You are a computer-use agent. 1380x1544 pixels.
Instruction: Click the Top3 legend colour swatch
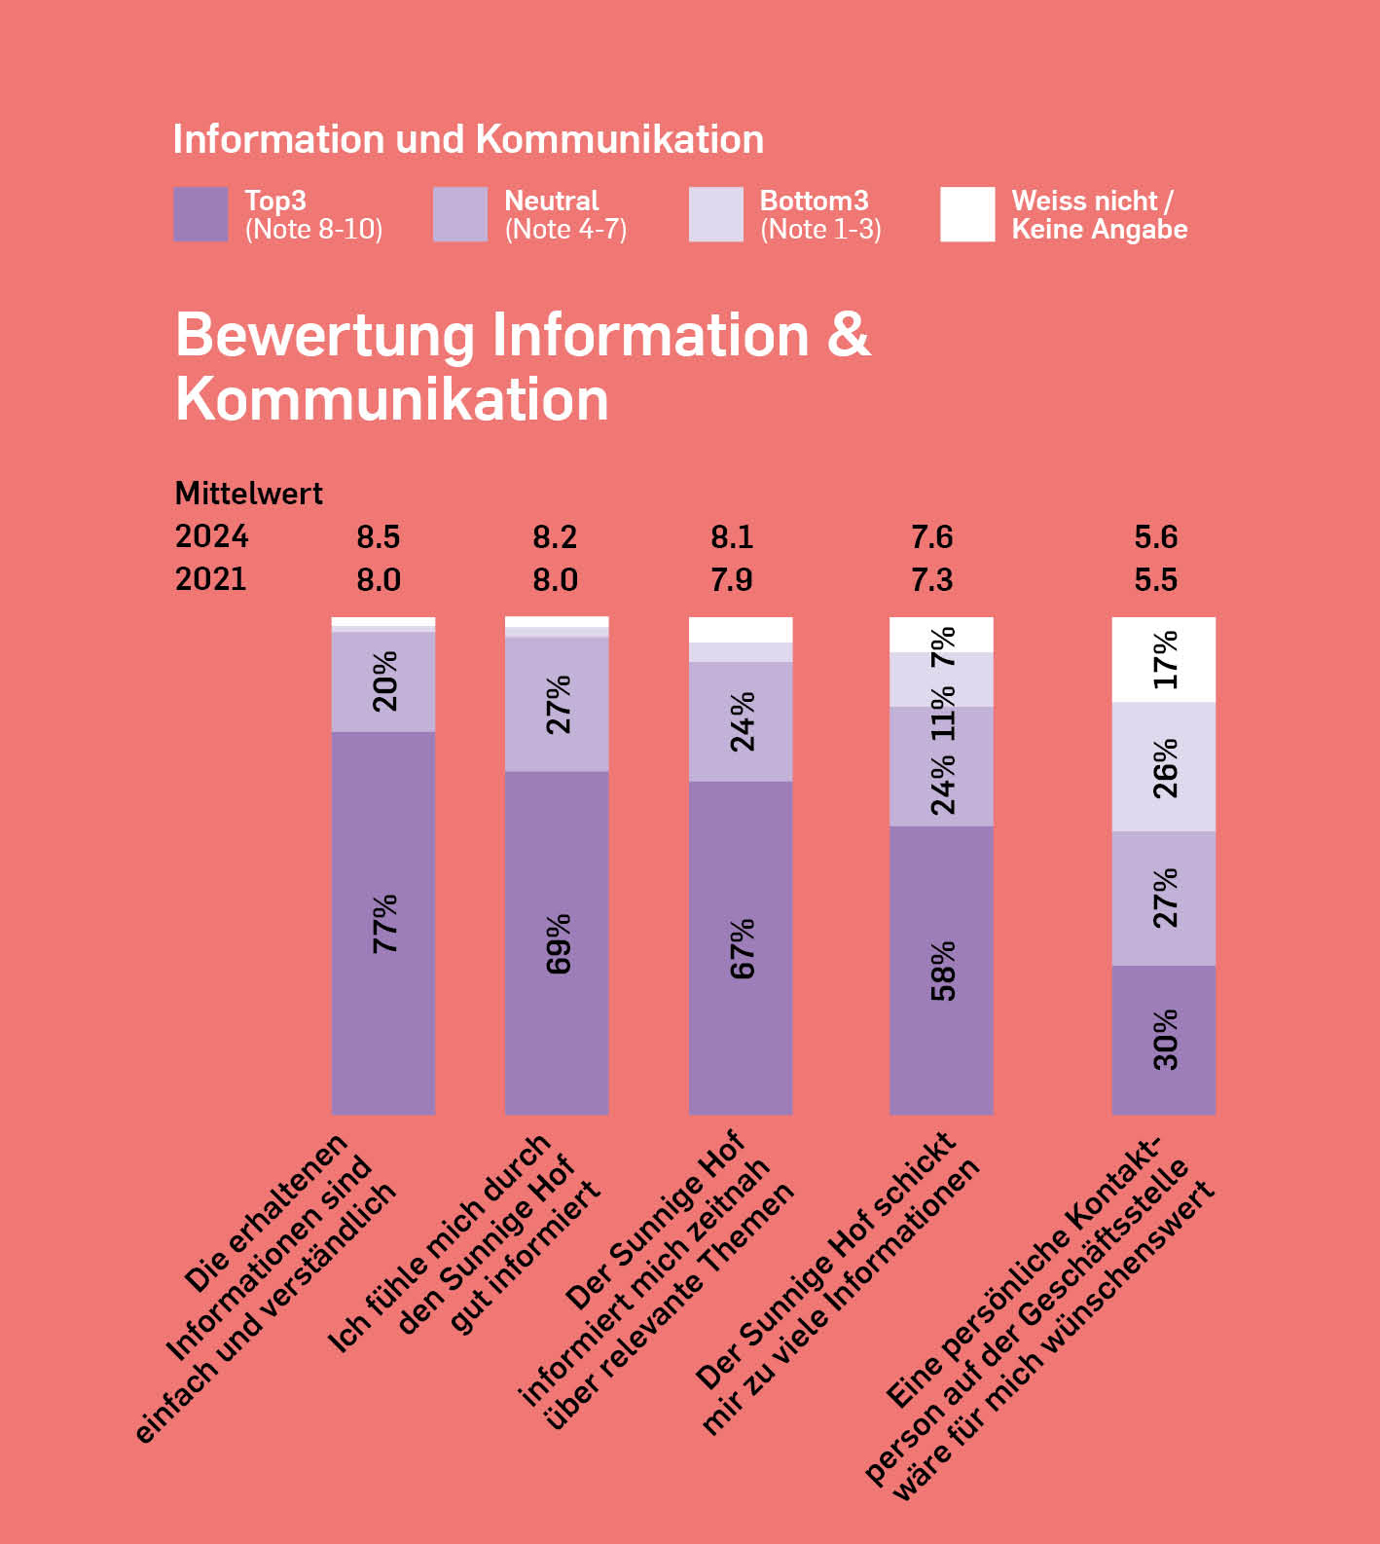(x=200, y=214)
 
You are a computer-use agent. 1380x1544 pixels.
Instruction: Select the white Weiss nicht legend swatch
(x=967, y=214)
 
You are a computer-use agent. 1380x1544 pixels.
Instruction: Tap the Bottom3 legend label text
(x=820, y=214)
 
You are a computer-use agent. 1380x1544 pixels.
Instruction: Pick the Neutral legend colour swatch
(x=460, y=214)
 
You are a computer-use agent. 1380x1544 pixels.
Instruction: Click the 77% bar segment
(x=383, y=923)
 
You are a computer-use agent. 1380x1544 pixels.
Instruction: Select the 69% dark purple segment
(x=557, y=942)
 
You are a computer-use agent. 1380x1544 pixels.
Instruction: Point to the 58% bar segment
(x=941, y=970)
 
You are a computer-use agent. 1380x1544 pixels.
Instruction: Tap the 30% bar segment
(x=1164, y=1040)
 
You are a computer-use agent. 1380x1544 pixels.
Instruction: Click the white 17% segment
(x=1164, y=659)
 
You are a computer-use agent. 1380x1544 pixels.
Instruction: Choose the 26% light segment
(x=1164, y=767)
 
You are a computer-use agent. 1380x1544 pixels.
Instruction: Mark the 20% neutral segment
(x=383, y=681)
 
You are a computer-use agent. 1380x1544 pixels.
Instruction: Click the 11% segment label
(x=943, y=713)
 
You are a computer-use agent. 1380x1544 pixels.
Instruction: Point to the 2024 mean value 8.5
(x=379, y=537)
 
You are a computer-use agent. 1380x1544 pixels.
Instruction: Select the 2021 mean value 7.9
(x=732, y=580)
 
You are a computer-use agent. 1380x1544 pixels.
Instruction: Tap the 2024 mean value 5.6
(x=1156, y=537)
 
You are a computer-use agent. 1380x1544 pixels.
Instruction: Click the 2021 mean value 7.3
(x=932, y=580)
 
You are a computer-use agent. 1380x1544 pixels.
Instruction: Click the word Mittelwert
(x=248, y=494)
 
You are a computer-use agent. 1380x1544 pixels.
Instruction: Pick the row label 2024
(x=211, y=536)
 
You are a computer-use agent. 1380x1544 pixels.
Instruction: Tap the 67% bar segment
(x=741, y=947)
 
